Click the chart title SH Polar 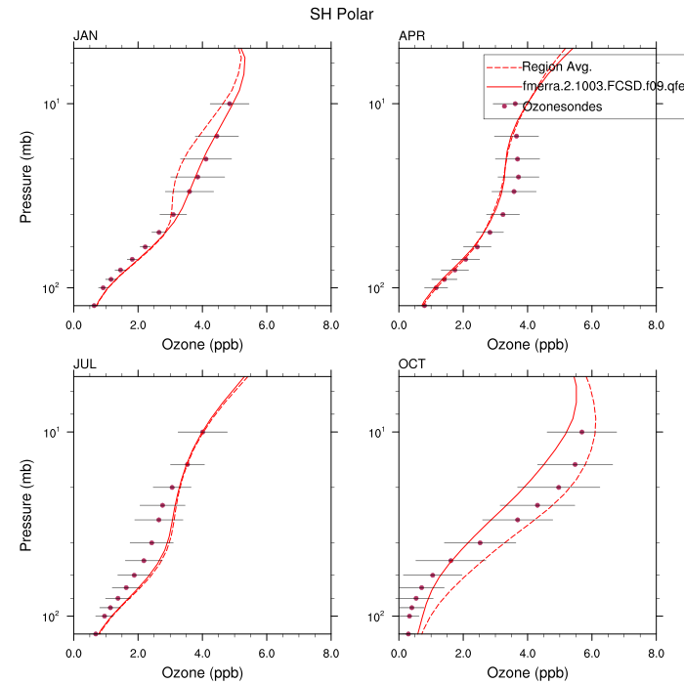pyautogui.click(x=341, y=14)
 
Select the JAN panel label pyautogui.click(x=86, y=37)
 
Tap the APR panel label pyautogui.click(x=411, y=37)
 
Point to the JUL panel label pyautogui.click(x=85, y=365)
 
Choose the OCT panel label pyautogui.click(x=411, y=365)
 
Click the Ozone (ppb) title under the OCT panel pyautogui.click(x=527, y=673)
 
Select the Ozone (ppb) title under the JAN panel pyautogui.click(x=201, y=345)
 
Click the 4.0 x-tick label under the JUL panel pyautogui.click(x=202, y=654)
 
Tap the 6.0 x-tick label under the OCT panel pyautogui.click(x=591, y=654)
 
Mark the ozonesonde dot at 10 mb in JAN pyautogui.click(x=230, y=104)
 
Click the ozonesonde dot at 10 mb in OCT pyautogui.click(x=581, y=432)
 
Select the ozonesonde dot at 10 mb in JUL pyautogui.click(x=202, y=432)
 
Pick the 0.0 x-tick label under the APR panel pyautogui.click(x=399, y=325)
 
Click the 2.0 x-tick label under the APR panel pyautogui.click(x=463, y=325)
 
